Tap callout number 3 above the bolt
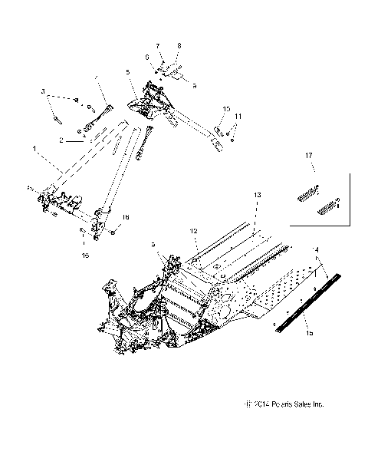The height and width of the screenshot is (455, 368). (44, 92)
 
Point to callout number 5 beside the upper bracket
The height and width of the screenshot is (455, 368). (128, 74)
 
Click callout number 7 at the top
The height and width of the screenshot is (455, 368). (157, 47)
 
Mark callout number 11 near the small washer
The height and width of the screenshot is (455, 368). (238, 116)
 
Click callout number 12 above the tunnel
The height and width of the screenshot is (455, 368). (193, 229)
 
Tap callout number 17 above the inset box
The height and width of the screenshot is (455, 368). (309, 157)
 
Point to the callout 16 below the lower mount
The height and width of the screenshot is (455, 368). (84, 253)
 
